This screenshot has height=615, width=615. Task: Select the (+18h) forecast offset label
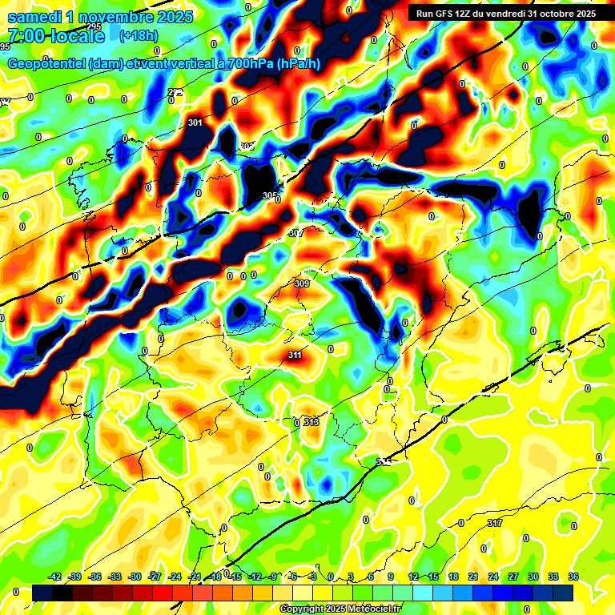[x=139, y=36]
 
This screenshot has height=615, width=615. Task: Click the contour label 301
[x=195, y=123]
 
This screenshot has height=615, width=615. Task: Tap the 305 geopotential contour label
[x=270, y=195]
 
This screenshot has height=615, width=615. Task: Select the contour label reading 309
[x=302, y=283]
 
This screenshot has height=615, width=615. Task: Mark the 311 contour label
[x=295, y=355]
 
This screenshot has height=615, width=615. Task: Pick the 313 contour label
[x=312, y=422]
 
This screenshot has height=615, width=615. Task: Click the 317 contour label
[x=494, y=523]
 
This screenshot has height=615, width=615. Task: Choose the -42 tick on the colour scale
[x=55, y=577]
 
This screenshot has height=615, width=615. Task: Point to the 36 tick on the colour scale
[x=573, y=577]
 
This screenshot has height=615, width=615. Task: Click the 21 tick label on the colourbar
[x=473, y=577]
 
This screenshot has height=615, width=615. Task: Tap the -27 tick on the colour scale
[x=155, y=577]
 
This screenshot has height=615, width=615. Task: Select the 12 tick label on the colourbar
[x=413, y=577]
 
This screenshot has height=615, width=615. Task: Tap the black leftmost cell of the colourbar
[x=42, y=592]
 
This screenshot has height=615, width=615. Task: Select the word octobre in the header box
[x=553, y=13]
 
